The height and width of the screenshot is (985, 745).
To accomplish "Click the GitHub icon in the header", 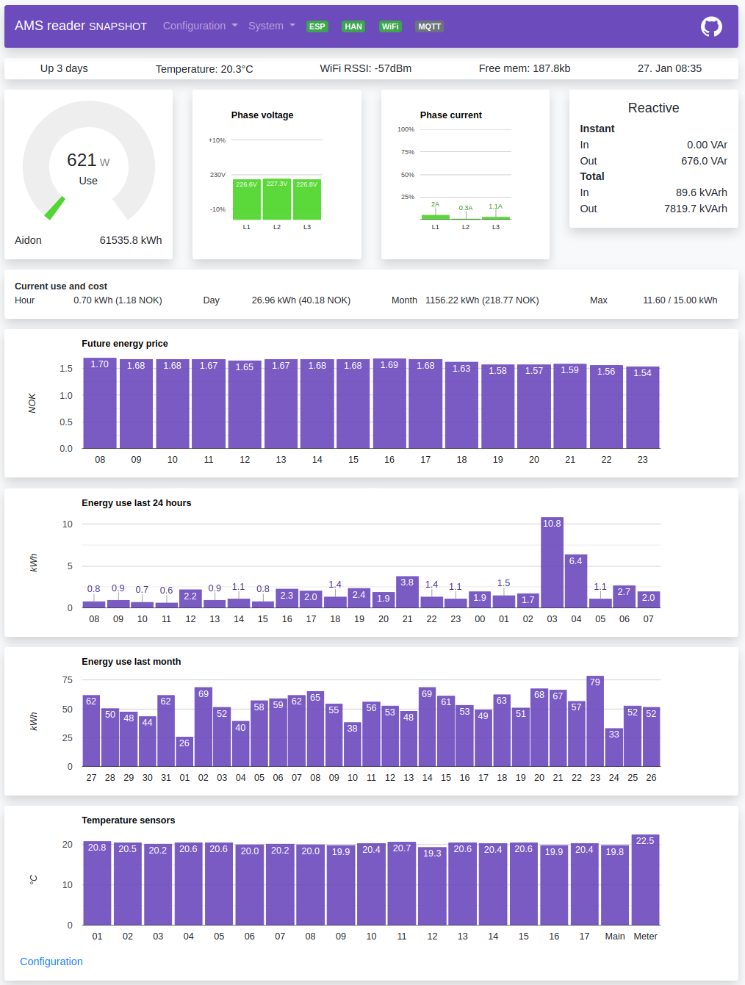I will [x=711, y=26].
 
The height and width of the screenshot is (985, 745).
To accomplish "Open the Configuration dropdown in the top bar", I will [x=200, y=26].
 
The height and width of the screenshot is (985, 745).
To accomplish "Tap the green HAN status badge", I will [x=353, y=26].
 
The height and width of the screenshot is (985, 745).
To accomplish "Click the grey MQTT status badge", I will [x=429, y=26].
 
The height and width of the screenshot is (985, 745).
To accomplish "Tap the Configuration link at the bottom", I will [x=51, y=961].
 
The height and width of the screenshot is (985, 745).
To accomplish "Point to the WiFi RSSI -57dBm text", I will [x=365, y=68].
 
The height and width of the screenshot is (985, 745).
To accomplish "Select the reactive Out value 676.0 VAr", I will [x=704, y=161].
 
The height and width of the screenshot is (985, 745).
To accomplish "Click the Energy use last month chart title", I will [x=131, y=662].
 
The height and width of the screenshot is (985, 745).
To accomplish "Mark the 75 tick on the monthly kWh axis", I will [x=68, y=680].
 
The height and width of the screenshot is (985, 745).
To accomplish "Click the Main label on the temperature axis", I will [x=615, y=937].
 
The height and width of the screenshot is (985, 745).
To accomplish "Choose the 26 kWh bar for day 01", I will [x=184, y=751].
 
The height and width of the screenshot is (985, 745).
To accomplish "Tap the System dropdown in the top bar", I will [x=271, y=26].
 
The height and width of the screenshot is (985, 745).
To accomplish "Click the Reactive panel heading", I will [x=653, y=108].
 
